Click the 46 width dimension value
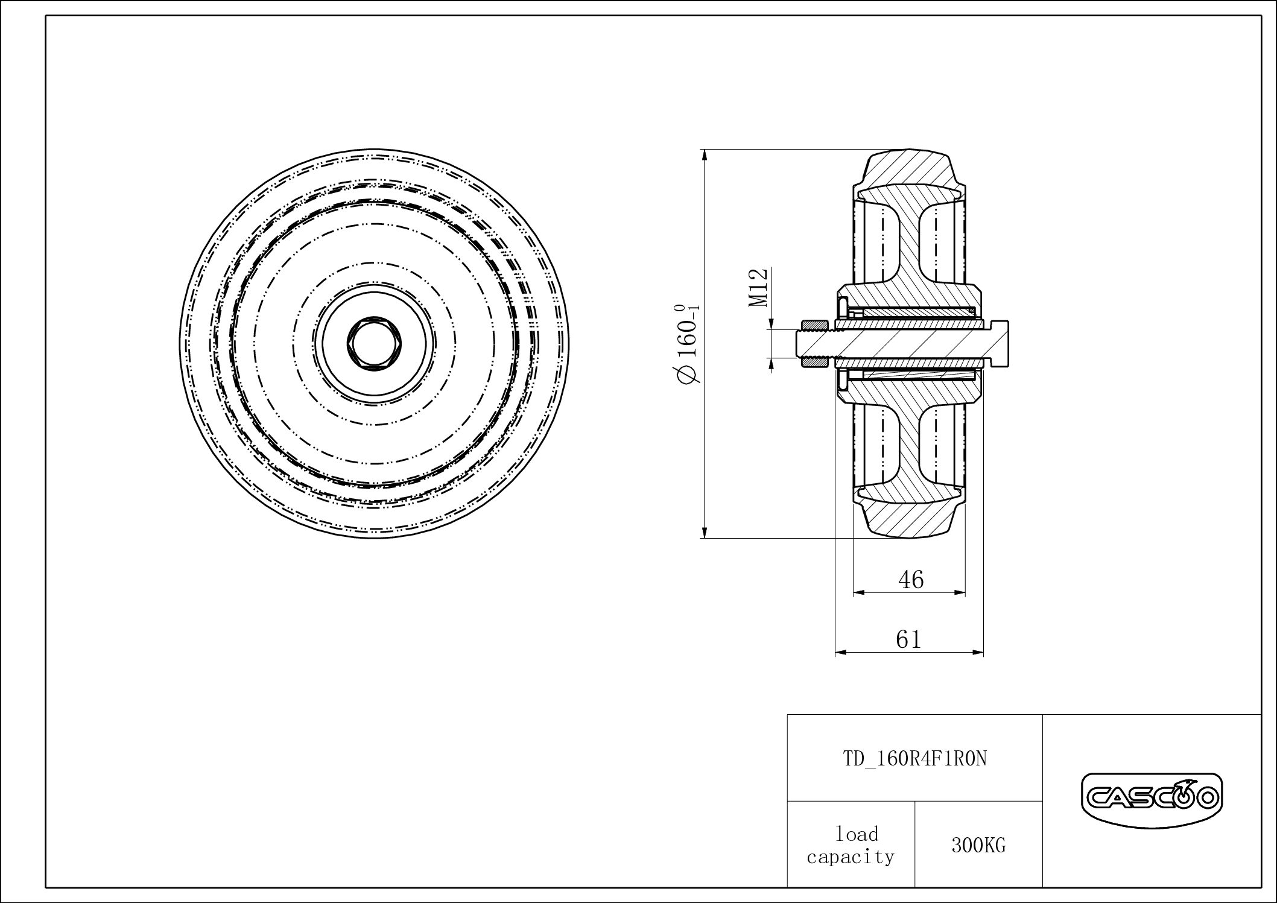pos(911,580)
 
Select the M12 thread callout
pos(759,288)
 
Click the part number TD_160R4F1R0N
pos(914,758)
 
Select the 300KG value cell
pos(978,846)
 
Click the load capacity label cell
pos(851,845)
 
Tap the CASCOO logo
pos(1151,799)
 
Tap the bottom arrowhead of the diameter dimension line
pos(705,532)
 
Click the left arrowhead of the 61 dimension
pos(840,653)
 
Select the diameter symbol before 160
pos(689,375)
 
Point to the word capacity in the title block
pos(851,857)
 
